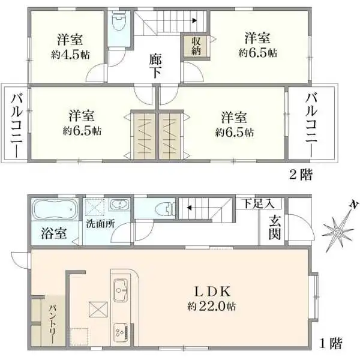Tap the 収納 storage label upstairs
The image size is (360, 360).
click(197, 46)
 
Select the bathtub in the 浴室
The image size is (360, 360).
click(55, 211)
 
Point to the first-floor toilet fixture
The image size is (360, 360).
click(161, 209)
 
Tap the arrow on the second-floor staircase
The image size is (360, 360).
click(194, 20)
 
